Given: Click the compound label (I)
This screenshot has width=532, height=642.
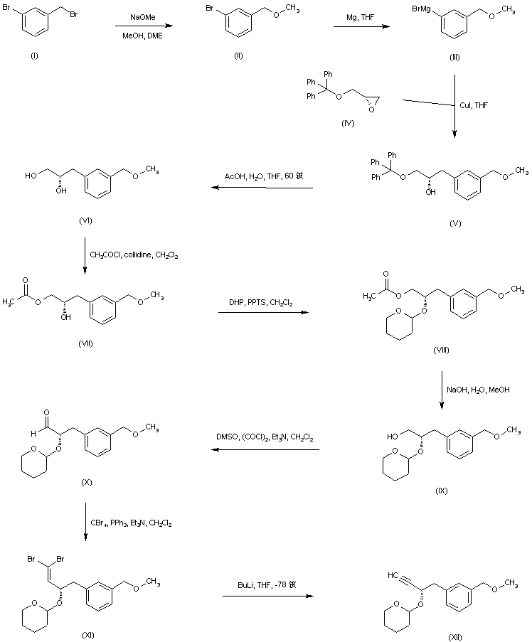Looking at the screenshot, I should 34,56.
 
